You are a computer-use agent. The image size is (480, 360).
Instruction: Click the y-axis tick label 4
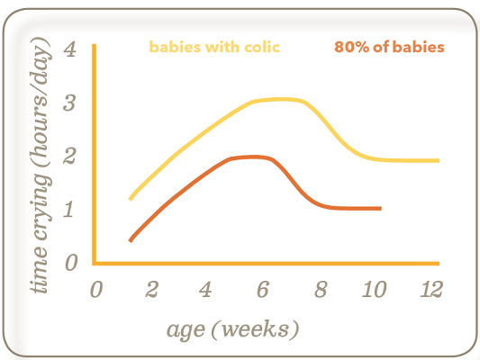click(x=70, y=49)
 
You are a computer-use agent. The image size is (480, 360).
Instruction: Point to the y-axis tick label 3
click(x=69, y=103)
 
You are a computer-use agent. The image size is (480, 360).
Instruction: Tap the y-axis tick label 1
click(x=68, y=209)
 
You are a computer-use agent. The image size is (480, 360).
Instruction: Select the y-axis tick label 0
click(x=71, y=263)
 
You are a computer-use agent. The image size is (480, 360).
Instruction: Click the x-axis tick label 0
click(x=96, y=289)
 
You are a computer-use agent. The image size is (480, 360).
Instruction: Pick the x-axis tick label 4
click(x=205, y=289)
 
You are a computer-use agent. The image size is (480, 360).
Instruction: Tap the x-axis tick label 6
click(x=263, y=289)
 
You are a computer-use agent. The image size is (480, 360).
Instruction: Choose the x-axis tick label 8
click(x=321, y=289)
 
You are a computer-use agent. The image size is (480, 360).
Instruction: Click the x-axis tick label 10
click(x=374, y=289)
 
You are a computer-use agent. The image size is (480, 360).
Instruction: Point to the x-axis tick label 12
click(x=431, y=289)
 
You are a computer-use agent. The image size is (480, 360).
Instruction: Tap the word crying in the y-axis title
click(x=41, y=207)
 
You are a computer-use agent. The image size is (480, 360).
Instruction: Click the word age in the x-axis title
click(x=186, y=330)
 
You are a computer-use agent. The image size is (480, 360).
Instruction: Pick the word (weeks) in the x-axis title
click(x=255, y=329)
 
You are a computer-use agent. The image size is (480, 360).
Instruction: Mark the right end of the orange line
click(x=381, y=208)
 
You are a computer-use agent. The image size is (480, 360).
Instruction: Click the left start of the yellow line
click(x=131, y=199)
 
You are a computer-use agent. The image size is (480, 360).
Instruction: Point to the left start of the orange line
click(x=130, y=241)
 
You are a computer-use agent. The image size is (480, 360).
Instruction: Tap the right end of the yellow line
click(x=439, y=160)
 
